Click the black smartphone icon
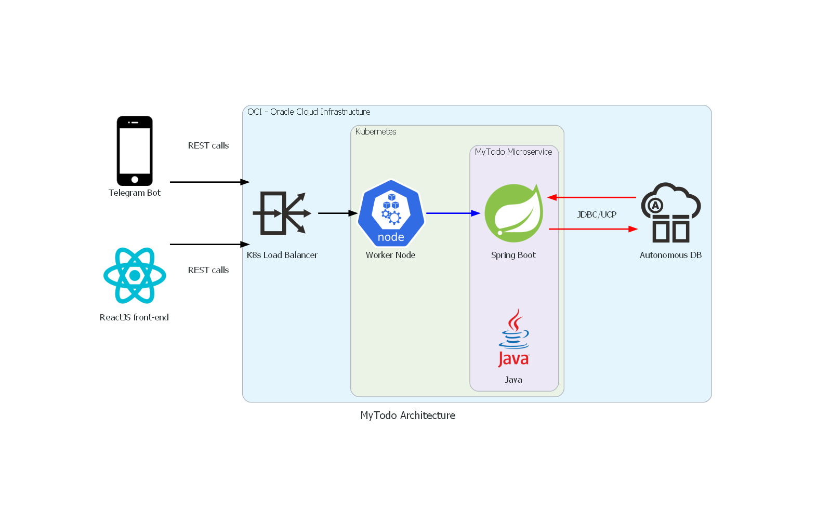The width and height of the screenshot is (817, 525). coord(135,151)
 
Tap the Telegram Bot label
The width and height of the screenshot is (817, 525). coord(135,193)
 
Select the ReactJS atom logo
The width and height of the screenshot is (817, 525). coord(135,275)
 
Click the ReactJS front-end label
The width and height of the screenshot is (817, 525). coord(134,317)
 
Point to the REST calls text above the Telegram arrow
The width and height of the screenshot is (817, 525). coord(208,145)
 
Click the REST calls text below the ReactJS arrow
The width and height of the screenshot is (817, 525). coord(208,270)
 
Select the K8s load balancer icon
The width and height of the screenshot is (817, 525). coord(282,213)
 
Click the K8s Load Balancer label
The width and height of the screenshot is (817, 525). coord(282,255)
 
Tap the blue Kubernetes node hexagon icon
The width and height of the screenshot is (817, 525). coord(391,213)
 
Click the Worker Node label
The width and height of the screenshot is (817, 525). coord(391,255)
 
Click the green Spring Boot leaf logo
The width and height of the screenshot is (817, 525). coord(513,213)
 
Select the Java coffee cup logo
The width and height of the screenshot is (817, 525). coord(513,338)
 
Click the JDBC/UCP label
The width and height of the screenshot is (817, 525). coord(597,214)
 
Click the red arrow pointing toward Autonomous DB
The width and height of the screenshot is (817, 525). coord(592,229)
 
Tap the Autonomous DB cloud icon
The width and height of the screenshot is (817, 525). coord(670,213)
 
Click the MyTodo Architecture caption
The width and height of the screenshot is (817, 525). coord(408,415)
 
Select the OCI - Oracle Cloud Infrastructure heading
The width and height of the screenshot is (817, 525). coord(309,112)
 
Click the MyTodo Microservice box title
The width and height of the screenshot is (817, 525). coord(513,152)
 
